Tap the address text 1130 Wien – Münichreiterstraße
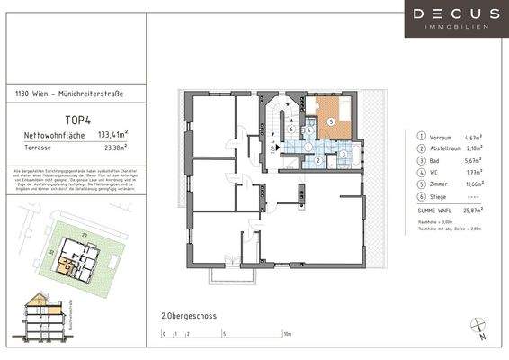coord(70,94)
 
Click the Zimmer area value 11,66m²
coord(473,184)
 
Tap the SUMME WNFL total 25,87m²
coord(473,210)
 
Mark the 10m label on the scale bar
coord(287,334)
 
